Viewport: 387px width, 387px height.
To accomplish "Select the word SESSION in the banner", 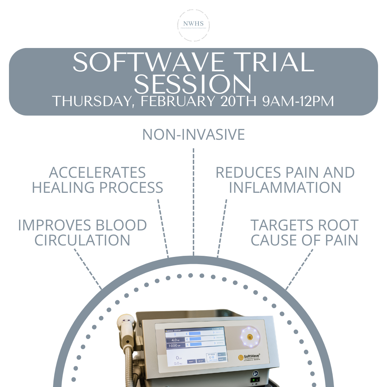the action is [x=193, y=85].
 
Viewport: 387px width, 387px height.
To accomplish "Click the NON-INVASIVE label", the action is [x=193, y=135].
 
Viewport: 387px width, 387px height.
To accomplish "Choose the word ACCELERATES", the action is [x=97, y=173].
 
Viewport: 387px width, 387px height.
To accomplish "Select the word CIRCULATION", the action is [x=82, y=240].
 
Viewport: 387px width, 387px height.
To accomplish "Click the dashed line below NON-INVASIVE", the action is [x=193, y=201].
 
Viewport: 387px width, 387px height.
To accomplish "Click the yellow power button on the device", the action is [x=250, y=337].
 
